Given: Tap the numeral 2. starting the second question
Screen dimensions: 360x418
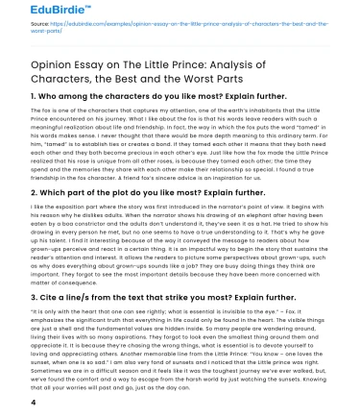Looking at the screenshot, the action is click(x=8, y=220).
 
